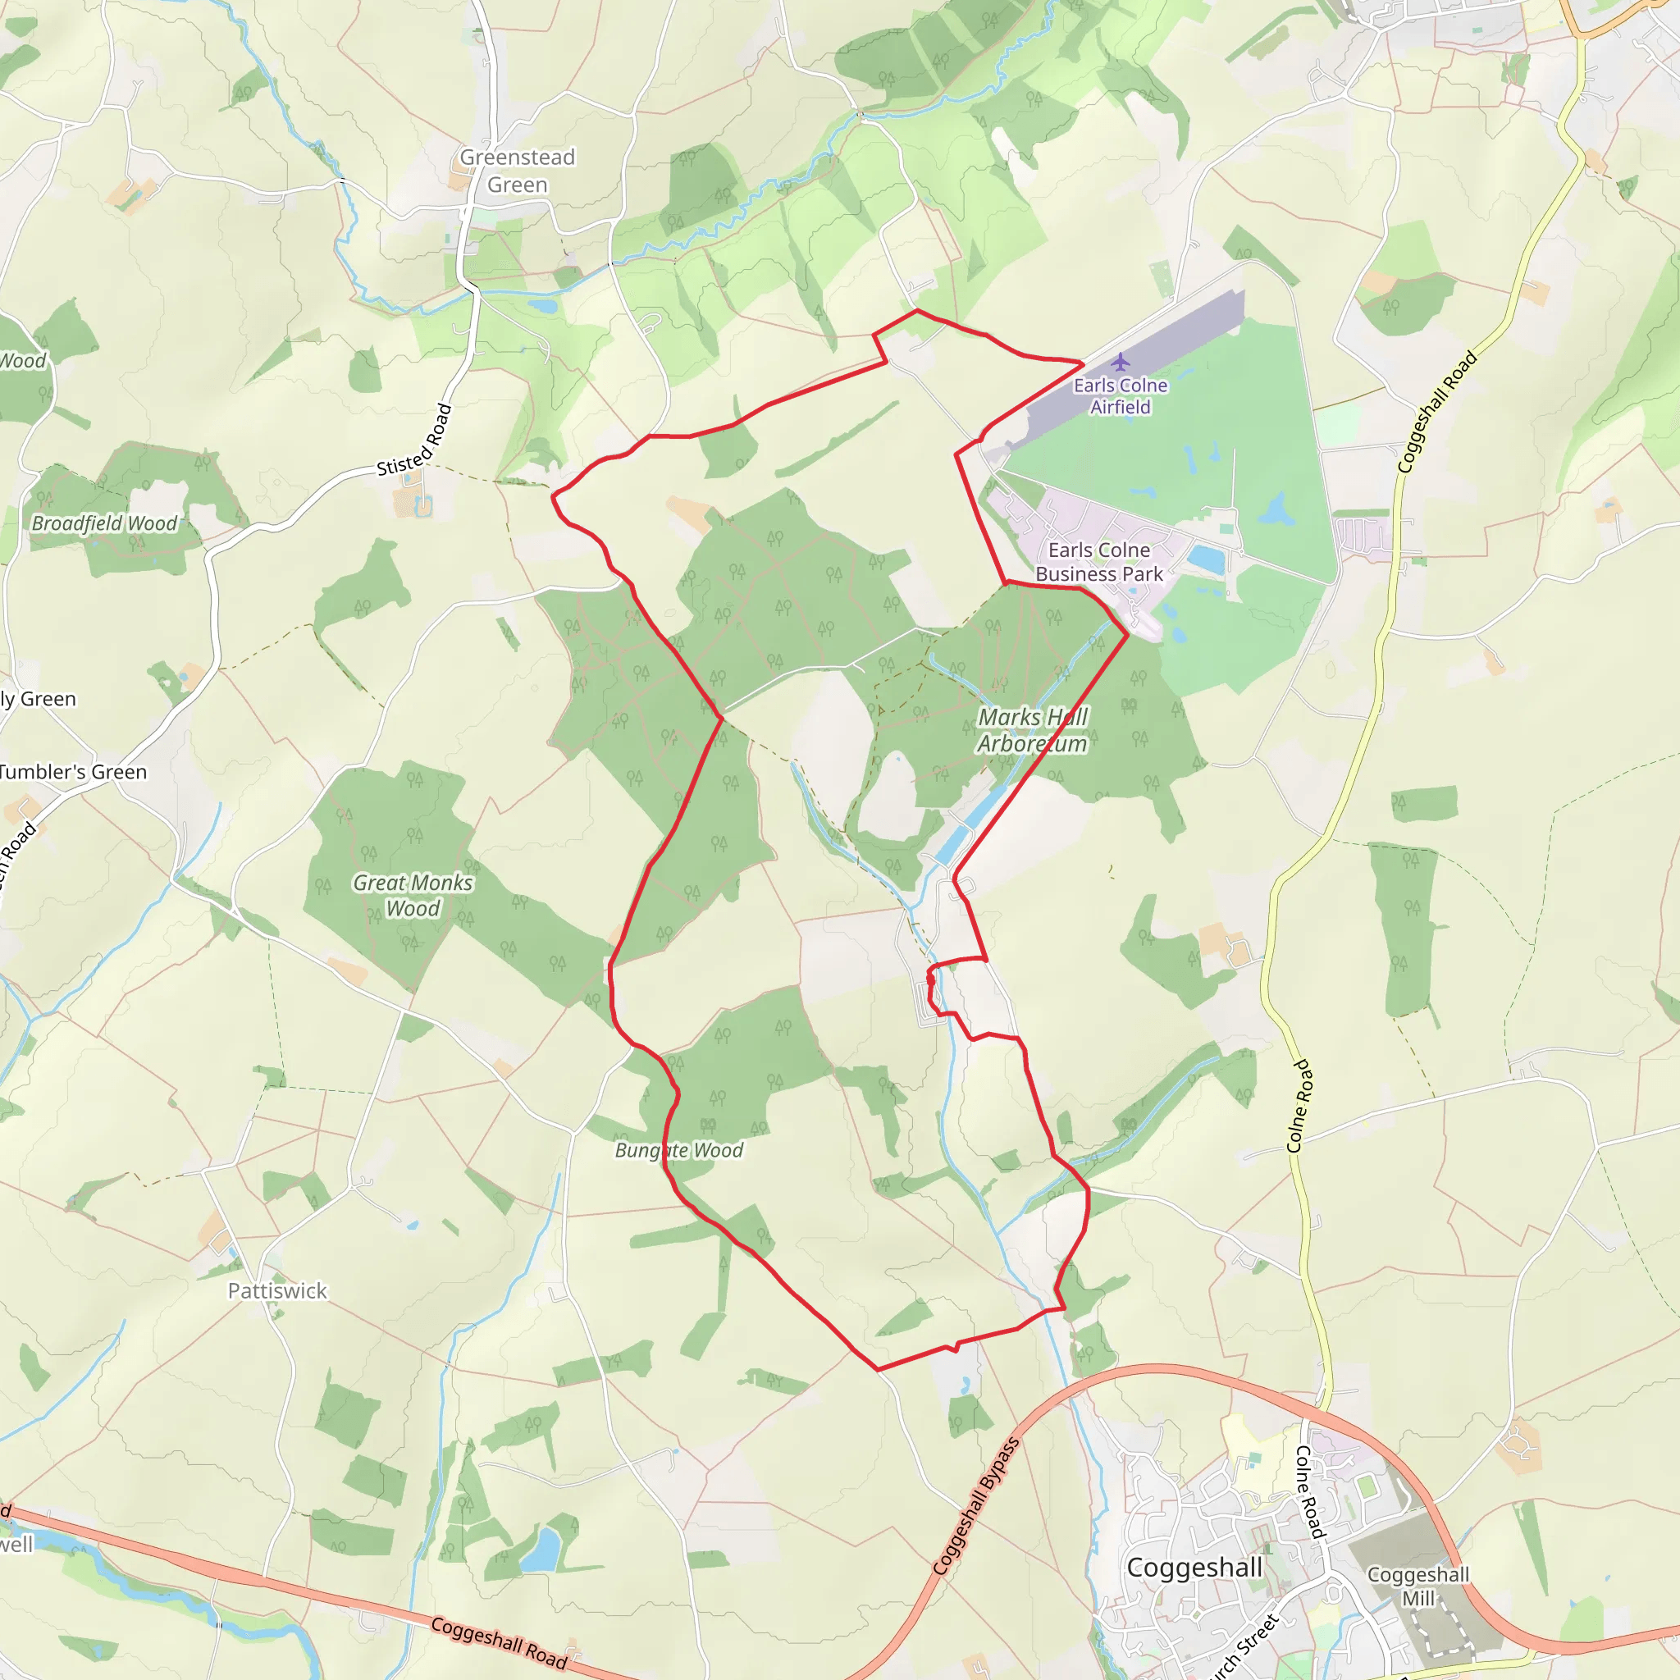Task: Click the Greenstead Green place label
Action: [518, 171]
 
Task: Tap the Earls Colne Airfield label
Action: [1120, 395]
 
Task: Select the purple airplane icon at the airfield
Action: [1120, 362]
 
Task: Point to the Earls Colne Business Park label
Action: [1099, 562]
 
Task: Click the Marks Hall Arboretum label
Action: [1032, 730]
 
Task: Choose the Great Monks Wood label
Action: [413, 895]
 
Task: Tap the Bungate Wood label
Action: [679, 1150]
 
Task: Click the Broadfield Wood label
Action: [104, 523]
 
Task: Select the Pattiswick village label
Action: [277, 1290]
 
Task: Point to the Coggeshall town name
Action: [1194, 1567]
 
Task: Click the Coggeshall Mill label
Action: [1418, 1586]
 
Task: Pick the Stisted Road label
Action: [415, 440]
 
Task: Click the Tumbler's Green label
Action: [73, 771]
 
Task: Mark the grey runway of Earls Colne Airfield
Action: [1157, 348]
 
